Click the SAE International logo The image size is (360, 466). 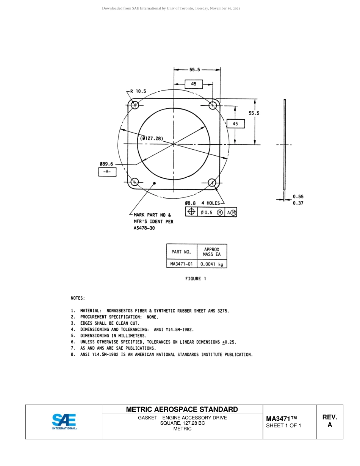pos(64,422)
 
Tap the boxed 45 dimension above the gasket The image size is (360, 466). pos(194,84)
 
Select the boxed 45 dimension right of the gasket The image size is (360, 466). pos(235,124)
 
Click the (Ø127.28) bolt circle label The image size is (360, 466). pos(152,139)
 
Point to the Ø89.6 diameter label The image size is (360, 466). pos(107,164)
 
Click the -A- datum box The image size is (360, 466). pos(107,172)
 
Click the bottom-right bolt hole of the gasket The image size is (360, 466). pos(212,183)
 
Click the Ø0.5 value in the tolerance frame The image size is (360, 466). pos(207,213)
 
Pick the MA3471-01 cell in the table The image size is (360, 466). pos(182,264)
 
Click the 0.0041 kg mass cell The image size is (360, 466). pos(212,264)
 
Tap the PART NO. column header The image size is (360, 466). pos(182,252)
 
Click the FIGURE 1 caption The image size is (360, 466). pos(196,279)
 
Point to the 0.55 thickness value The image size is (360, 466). pos(298,197)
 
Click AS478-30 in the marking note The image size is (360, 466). pos(144,228)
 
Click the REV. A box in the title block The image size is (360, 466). pos(329,421)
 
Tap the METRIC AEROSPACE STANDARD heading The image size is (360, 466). pos(182,409)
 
